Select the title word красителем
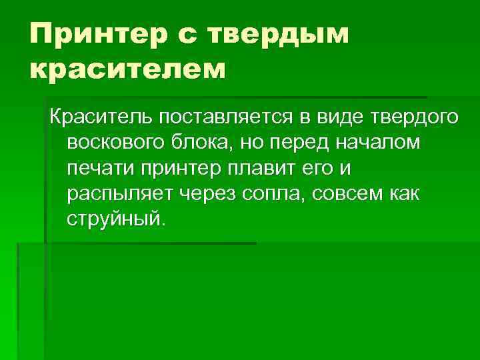tap(126, 68)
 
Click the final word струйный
tap(114, 219)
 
